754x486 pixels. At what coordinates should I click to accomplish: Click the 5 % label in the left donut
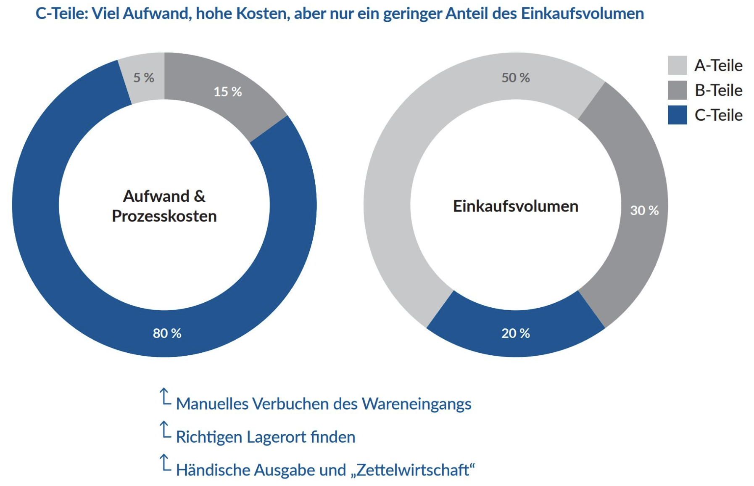(144, 78)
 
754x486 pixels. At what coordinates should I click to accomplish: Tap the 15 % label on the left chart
(228, 92)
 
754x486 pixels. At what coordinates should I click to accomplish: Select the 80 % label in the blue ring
(167, 333)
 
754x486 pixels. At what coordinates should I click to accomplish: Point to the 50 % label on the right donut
(516, 78)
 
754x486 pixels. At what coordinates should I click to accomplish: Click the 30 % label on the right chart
(644, 211)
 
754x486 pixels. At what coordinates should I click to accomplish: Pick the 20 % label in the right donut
(516, 333)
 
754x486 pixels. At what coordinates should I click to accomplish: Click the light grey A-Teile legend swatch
(677, 65)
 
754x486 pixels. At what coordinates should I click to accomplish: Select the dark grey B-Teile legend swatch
(677, 90)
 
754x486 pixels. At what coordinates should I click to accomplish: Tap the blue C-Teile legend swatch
(677, 115)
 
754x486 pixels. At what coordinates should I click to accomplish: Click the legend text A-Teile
(718, 66)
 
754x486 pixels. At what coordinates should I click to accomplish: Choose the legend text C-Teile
(718, 115)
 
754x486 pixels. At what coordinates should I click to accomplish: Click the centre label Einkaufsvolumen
(516, 206)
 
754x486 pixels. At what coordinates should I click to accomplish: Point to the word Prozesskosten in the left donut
(164, 216)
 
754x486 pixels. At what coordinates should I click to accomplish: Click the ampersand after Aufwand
(200, 196)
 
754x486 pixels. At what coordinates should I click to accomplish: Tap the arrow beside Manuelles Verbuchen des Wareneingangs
(165, 397)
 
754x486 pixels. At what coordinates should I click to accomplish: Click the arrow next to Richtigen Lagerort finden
(165, 430)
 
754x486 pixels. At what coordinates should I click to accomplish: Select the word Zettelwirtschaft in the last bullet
(413, 470)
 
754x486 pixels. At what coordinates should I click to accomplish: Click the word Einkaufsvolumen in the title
(582, 14)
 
